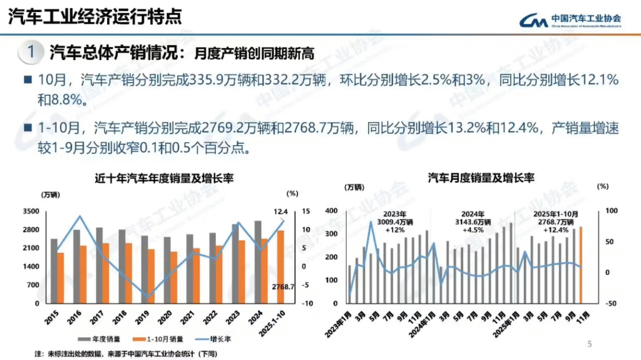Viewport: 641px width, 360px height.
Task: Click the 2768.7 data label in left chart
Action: [284, 287]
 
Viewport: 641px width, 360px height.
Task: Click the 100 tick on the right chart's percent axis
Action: [605, 212]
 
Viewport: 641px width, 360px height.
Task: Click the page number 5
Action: [589, 344]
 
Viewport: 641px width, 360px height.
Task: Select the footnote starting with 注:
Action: [126, 354]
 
